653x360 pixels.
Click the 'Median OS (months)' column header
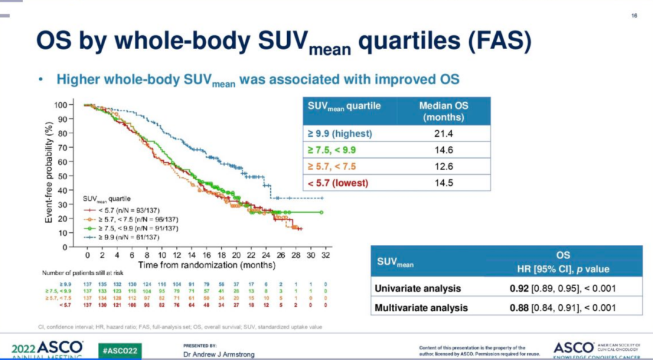click(444, 111)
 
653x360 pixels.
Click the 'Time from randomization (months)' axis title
click(206, 265)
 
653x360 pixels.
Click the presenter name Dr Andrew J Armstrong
click(218, 355)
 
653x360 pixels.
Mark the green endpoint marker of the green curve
click(321, 212)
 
